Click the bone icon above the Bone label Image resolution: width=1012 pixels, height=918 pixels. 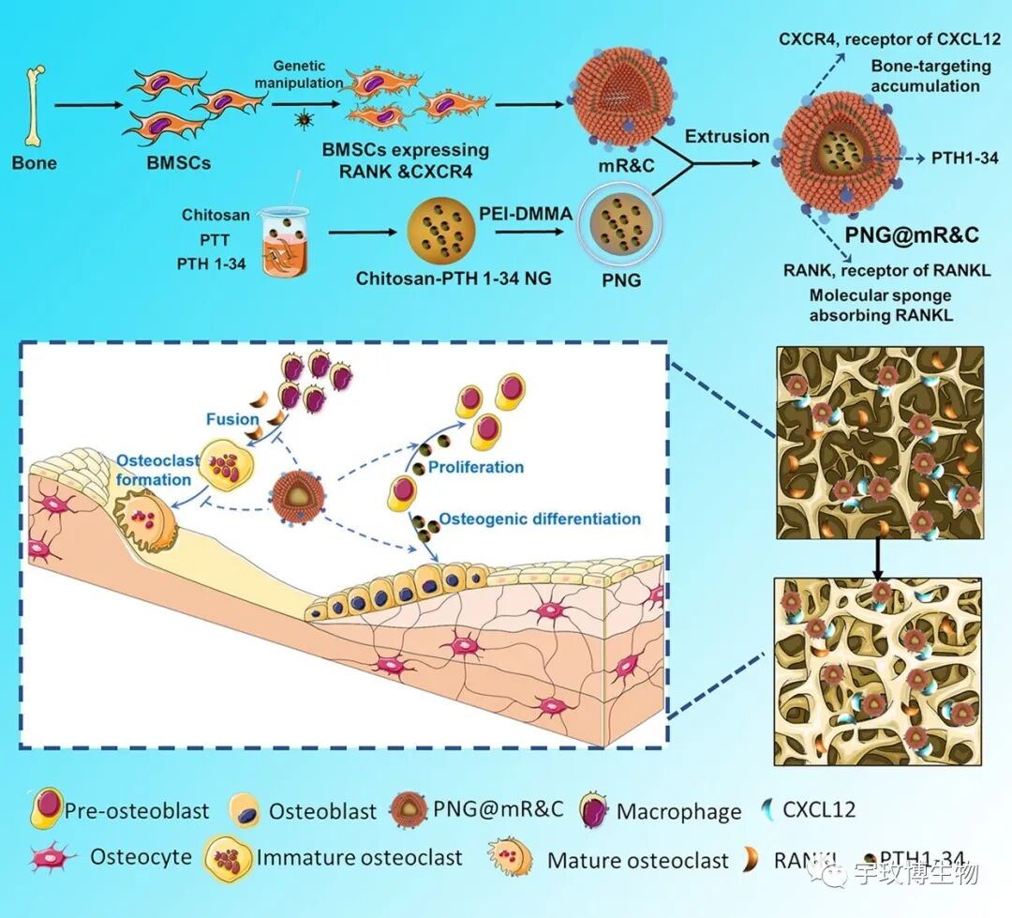tap(35, 104)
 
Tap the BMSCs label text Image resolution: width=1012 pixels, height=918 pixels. tap(179, 162)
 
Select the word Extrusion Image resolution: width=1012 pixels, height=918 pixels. tap(726, 136)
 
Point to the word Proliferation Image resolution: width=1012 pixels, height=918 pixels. tap(475, 466)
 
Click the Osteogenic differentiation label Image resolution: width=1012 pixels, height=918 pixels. tap(540, 519)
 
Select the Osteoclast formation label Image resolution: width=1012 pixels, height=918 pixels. tap(154, 470)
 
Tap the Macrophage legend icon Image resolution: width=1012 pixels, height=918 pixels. tap(592, 809)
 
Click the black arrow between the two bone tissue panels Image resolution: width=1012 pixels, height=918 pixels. tap(879, 557)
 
